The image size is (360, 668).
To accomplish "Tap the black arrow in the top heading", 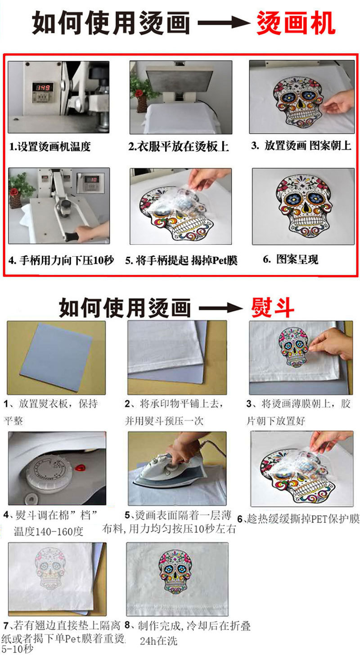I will tap(223, 23).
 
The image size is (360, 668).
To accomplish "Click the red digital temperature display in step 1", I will tap(43, 87).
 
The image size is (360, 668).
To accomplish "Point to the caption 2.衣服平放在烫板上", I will tap(179, 147).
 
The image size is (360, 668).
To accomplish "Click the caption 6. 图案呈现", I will tap(291, 260).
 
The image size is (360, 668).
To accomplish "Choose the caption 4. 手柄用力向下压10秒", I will tap(61, 260).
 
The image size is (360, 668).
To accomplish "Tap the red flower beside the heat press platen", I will tap(139, 93).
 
